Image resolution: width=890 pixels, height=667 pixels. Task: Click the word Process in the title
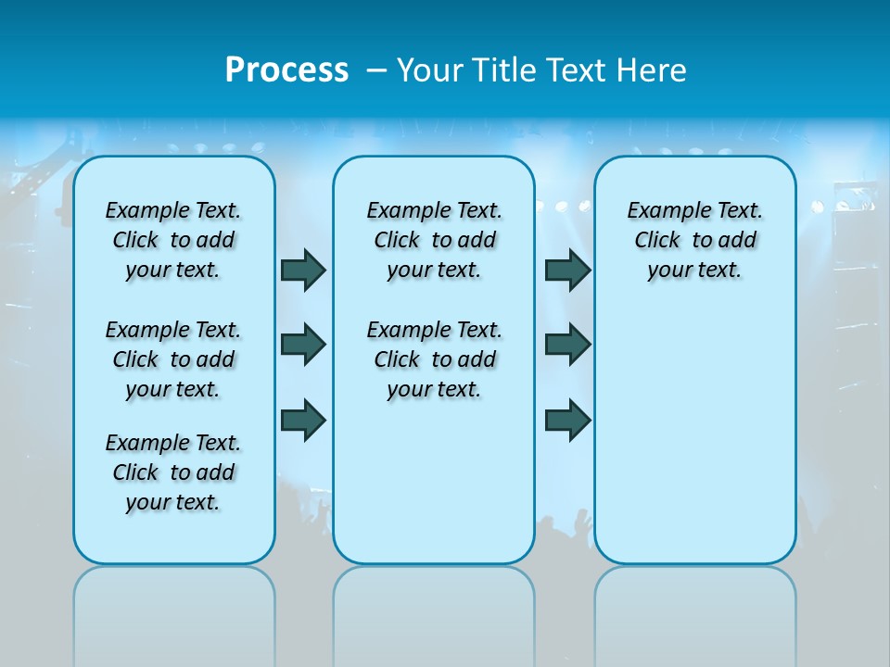[286, 69]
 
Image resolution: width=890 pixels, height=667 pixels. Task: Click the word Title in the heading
[506, 69]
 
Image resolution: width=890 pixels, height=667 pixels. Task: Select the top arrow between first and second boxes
[303, 270]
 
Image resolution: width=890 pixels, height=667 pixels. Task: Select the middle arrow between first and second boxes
[303, 345]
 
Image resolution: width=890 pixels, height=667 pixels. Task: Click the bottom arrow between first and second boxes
[303, 421]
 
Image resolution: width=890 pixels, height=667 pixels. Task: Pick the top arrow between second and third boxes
[568, 270]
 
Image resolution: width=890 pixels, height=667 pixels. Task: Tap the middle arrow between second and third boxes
[568, 345]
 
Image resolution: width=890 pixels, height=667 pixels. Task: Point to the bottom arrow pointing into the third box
[568, 421]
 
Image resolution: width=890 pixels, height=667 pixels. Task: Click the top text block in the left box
[173, 240]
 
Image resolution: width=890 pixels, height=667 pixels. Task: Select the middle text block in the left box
[173, 359]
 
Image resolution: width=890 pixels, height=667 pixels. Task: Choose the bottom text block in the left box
[173, 472]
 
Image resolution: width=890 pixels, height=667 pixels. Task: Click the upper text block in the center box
[434, 240]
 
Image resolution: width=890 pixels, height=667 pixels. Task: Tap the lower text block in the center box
[434, 359]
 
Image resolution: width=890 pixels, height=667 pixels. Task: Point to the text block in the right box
[695, 240]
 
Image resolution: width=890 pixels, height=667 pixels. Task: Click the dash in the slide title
[376, 69]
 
